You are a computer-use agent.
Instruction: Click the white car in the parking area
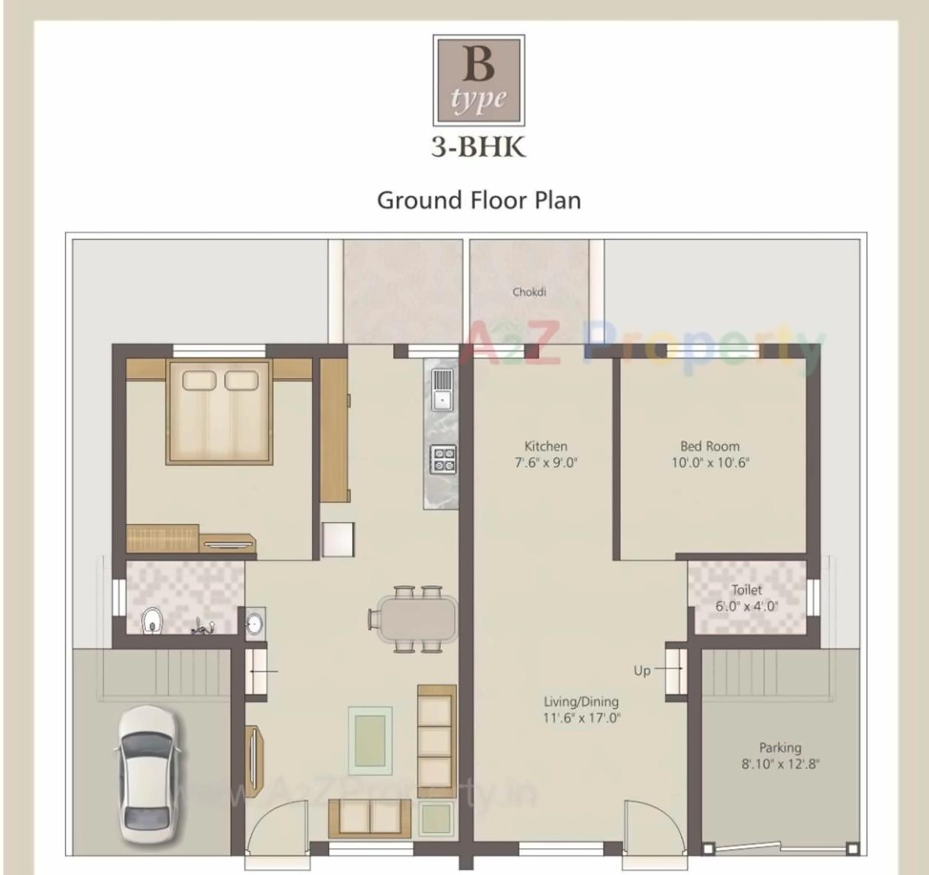point(146,775)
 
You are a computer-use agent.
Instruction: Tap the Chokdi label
point(529,292)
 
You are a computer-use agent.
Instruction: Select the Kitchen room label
point(546,446)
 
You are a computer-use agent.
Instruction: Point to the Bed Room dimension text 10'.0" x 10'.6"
point(710,463)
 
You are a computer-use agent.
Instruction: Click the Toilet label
point(746,590)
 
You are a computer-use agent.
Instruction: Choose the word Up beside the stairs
point(642,671)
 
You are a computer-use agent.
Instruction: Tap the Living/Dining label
point(581,702)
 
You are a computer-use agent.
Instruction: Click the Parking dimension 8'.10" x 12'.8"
point(780,764)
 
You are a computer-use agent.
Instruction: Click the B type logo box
point(479,81)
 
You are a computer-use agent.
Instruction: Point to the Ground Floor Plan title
point(479,201)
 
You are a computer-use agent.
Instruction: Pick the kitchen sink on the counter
point(442,390)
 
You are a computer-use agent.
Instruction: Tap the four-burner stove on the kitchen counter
point(444,459)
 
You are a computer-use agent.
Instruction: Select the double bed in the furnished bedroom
point(219,412)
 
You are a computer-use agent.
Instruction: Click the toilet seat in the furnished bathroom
point(152,620)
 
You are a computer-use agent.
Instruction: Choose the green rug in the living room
point(370,737)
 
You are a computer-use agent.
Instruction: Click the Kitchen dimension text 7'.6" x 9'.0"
point(546,463)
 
